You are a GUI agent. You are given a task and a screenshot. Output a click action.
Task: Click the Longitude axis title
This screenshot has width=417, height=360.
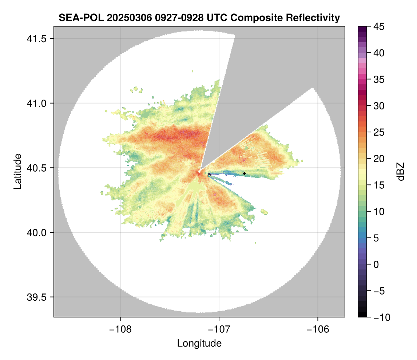[199, 343]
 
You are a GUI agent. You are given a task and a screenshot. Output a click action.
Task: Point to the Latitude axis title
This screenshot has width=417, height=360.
[17, 171]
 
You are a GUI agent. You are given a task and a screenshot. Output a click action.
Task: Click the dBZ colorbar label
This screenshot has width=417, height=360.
[401, 171]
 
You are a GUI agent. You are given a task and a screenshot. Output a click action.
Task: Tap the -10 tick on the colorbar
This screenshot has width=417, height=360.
[380, 317]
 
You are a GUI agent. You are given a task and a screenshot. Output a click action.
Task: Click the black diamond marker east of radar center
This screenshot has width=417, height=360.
[245, 173]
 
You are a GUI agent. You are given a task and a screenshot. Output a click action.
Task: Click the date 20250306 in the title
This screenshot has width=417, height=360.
[123, 17]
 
